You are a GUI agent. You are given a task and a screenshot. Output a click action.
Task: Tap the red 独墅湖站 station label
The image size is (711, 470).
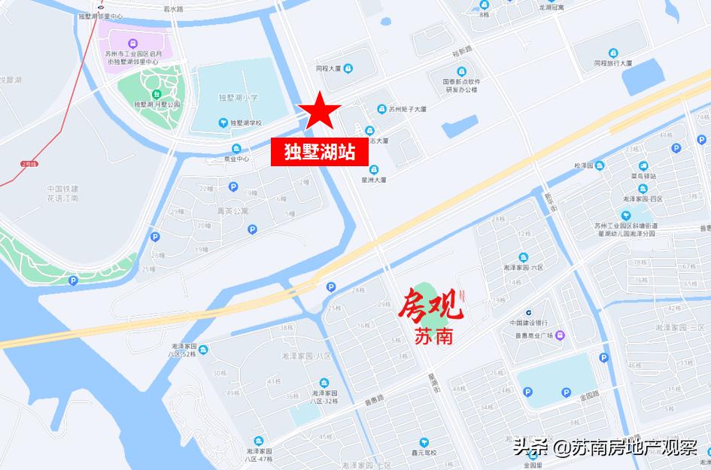[320, 152]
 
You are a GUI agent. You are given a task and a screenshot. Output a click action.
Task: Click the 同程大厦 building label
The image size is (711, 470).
[330, 68]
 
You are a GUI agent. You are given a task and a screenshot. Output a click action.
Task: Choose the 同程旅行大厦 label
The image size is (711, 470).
[612, 63]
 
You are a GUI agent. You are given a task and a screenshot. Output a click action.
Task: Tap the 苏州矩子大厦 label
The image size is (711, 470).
[407, 109]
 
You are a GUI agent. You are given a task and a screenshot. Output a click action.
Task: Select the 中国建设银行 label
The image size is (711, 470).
[531, 323]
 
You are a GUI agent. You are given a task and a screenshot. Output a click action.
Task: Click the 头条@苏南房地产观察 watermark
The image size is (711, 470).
[605, 447]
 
